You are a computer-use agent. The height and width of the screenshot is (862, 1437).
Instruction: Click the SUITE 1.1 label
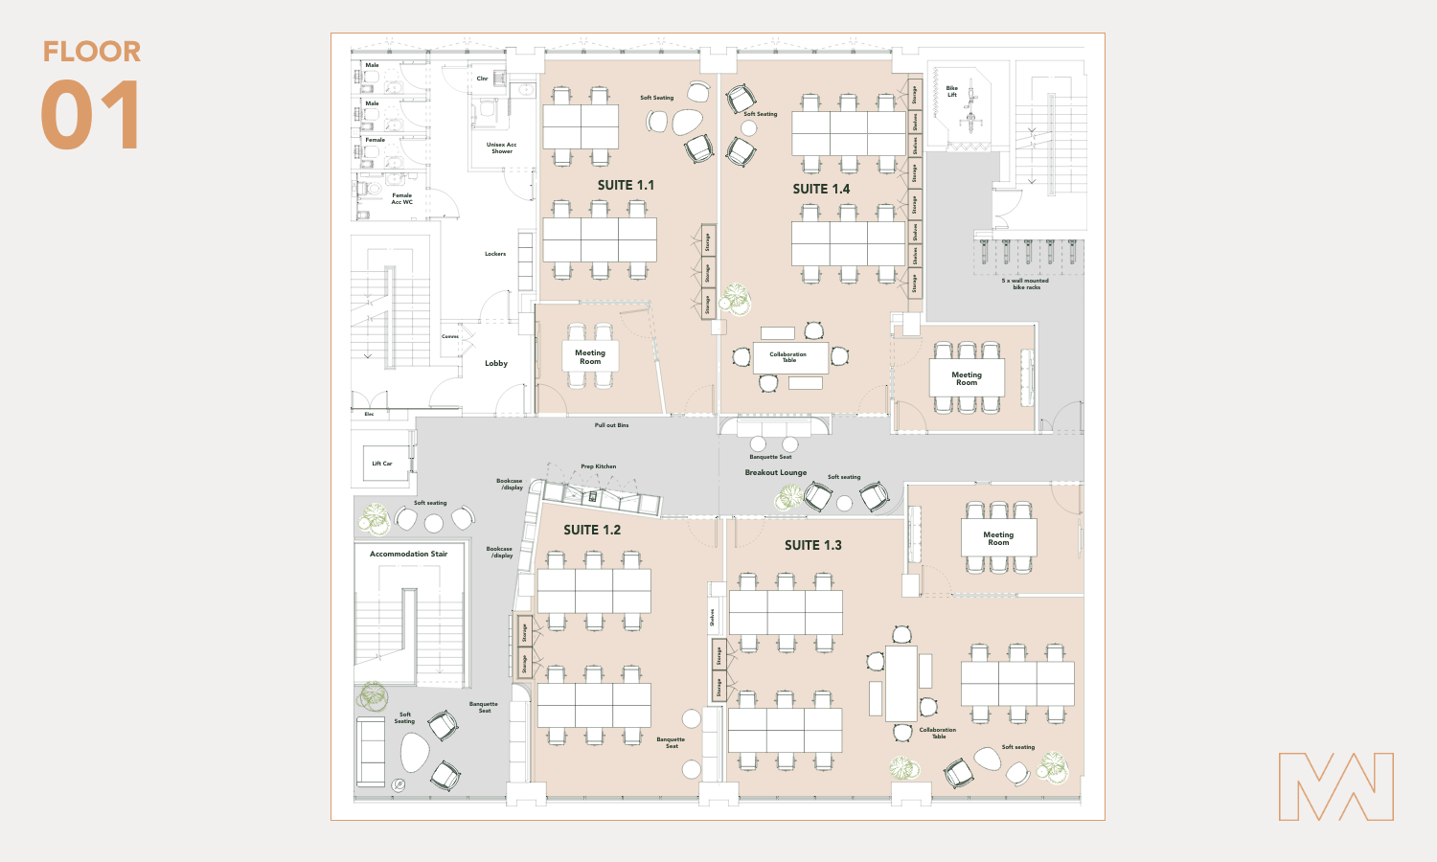coord(626,185)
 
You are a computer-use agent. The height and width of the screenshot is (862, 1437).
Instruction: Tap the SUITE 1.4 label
coord(821,189)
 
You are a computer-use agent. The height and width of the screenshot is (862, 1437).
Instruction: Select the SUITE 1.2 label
coord(592,530)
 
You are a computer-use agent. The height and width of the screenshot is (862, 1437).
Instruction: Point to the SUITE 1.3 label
coord(812,545)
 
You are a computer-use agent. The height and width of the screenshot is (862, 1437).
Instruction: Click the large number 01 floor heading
coord(91,116)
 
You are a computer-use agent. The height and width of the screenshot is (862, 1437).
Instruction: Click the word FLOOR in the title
coord(92,52)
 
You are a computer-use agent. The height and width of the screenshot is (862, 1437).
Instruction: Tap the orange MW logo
coord(1335,786)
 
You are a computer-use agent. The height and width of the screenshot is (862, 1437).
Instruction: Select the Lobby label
coord(496,363)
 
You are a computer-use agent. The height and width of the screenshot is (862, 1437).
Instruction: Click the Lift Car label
coord(382,464)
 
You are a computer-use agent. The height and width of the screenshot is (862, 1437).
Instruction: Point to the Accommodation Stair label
coord(408,554)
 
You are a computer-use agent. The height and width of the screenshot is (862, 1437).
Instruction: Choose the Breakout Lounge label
coord(776,472)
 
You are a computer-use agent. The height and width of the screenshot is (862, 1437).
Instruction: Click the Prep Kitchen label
coord(599,466)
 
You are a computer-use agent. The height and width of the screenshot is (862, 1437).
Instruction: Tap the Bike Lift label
coord(952,91)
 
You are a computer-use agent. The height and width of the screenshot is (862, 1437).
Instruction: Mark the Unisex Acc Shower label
coord(501,147)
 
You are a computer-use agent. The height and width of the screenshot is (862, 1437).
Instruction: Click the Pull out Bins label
coord(611,425)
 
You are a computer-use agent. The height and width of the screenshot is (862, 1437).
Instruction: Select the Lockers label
coord(495,254)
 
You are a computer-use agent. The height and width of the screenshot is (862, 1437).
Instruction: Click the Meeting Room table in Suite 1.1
coord(590,357)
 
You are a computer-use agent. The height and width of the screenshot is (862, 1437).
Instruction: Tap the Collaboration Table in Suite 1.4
coord(788,357)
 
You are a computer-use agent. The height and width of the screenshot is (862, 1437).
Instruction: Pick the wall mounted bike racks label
coord(1025,284)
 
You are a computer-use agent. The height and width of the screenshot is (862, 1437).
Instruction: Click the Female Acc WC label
coord(402,198)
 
